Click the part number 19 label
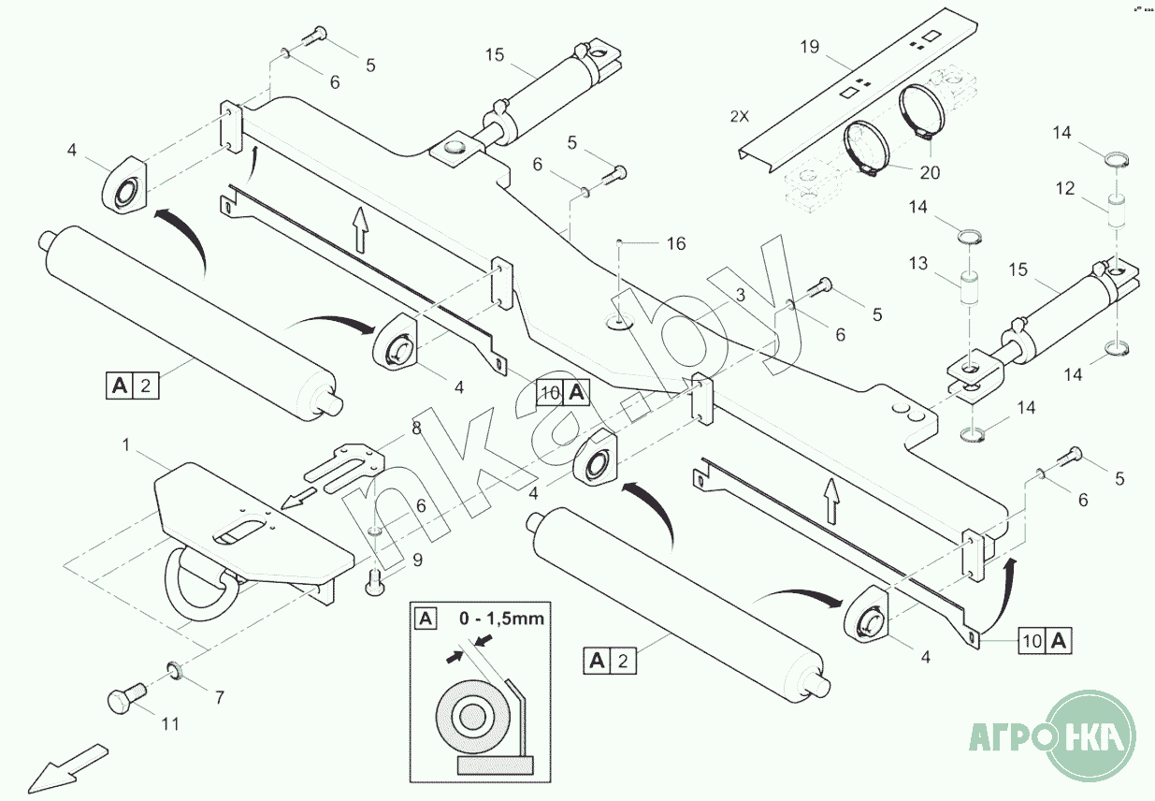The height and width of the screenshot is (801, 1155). [x=810, y=46]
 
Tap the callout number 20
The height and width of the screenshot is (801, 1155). [x=930, y=172]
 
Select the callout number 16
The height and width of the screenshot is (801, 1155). [x=675, y=244]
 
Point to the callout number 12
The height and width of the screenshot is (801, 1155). [x=1065, y=188]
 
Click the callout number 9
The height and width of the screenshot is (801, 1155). [x=417, y=561]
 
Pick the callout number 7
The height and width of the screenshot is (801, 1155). [x=220, y=697]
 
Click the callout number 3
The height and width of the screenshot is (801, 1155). [x=740, y=295]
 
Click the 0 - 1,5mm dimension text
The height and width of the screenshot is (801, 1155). [x=500, y=619]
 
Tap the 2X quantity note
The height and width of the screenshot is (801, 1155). [x=740, y=117]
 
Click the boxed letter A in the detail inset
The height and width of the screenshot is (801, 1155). [x=426, y=619]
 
